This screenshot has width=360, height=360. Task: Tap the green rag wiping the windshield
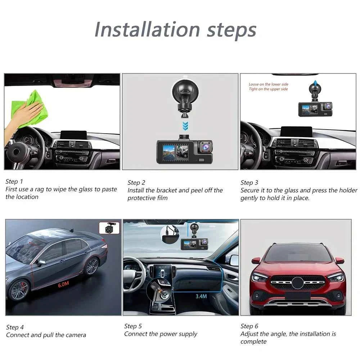click(x=34, y=108)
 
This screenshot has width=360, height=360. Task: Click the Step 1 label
click(x=14, y=181)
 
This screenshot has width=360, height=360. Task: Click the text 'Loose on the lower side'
click(x=268, y=84)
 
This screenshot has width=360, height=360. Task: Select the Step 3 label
click(x=249, y=183)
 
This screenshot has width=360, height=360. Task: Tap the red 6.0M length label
click(x=63, y=284)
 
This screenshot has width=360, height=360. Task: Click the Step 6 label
click(x=249, y=326)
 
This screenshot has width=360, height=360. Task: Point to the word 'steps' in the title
click(x=231, y=30)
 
